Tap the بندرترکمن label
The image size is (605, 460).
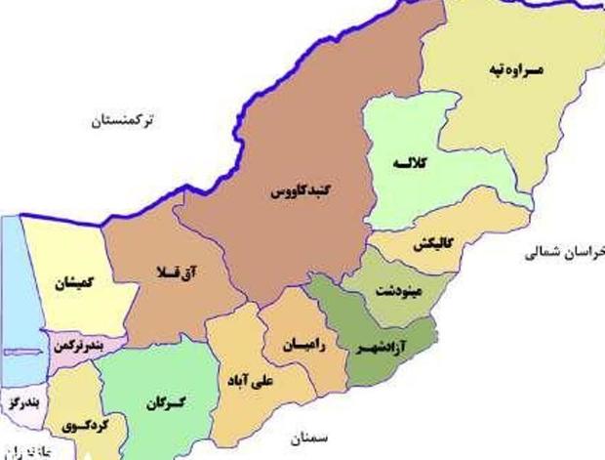81,347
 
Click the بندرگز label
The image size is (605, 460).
20,402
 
